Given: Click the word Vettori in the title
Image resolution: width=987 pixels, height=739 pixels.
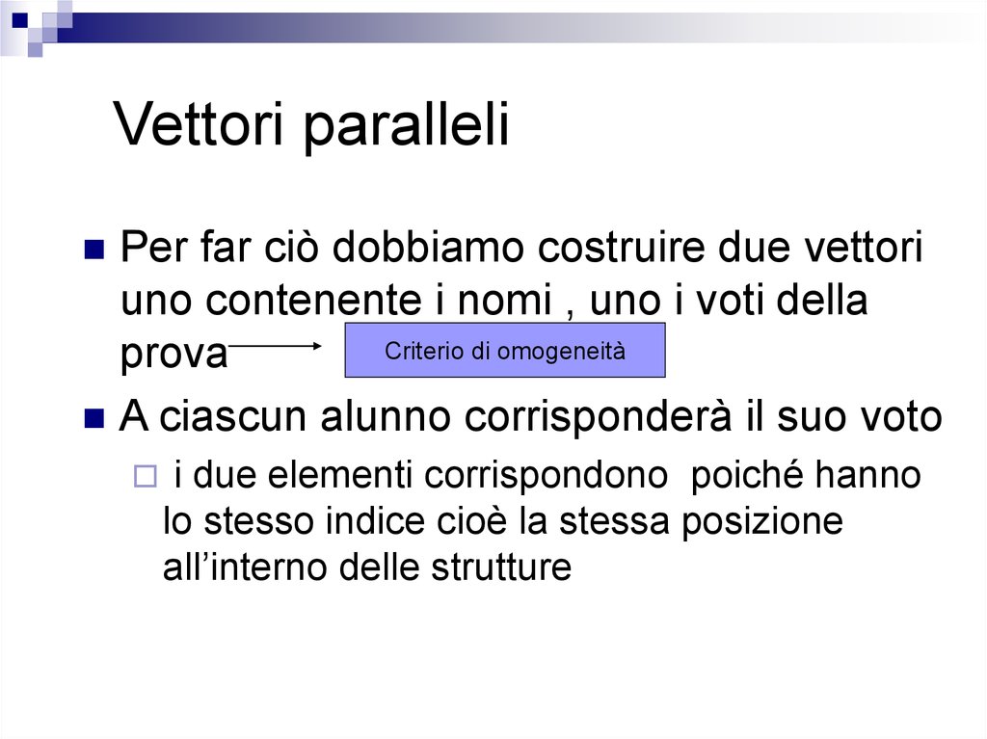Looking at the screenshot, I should pos(200,125).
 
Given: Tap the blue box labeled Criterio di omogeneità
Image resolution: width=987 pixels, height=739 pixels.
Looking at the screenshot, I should pos(505,351).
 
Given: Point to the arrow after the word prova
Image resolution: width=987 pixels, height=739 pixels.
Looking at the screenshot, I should pos(279,344).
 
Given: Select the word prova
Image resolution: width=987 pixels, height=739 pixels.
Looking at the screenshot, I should pos(173,356).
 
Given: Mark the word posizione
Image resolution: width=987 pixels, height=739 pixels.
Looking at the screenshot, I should pos(762,521).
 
